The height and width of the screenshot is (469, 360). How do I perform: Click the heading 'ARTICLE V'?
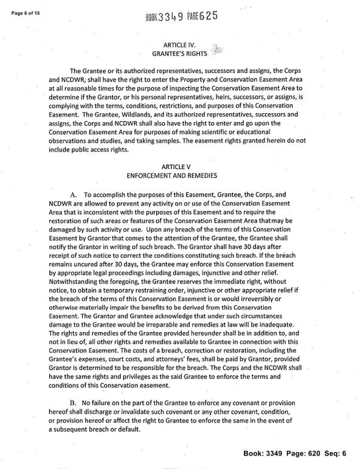click(179, 166)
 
